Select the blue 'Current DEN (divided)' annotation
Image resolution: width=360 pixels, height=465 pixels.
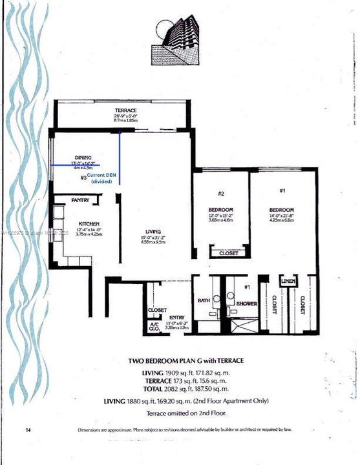(102, 179)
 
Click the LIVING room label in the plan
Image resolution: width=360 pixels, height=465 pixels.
(153, 232)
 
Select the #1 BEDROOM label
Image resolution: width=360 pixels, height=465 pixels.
(282, 210)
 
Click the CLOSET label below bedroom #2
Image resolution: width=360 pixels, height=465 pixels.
(228, 254)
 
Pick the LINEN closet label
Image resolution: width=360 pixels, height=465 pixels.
(288, 282)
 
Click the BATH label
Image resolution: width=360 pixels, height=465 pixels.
(203, 301)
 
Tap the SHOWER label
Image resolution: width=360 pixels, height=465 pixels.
(246, 304)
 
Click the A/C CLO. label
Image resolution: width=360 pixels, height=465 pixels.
(154, 326)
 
